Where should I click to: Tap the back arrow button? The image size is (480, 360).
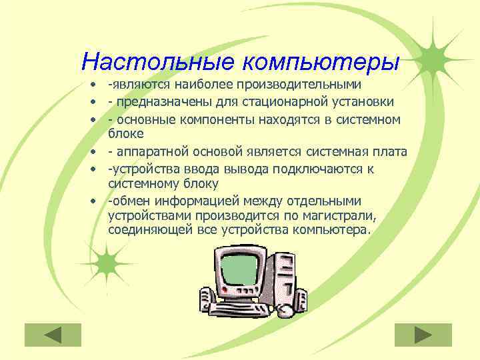pos(53,334)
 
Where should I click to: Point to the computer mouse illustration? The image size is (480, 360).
pos(285,311)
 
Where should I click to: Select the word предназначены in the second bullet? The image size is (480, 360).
pos(160,102)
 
